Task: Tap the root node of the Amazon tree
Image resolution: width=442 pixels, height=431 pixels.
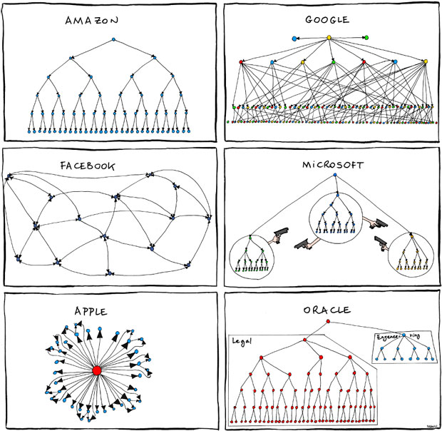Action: click(113, 41)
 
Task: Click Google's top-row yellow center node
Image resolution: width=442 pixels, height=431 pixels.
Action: click(329, 37)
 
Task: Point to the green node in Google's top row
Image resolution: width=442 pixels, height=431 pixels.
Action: click(366, 37)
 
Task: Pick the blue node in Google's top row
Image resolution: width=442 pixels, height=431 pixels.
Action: click(294, 37)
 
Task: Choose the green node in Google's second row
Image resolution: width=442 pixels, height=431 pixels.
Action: click(333, 62)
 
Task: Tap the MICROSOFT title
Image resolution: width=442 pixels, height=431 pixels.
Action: click(331, 165)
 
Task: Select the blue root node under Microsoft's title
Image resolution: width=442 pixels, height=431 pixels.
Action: click(333, 176)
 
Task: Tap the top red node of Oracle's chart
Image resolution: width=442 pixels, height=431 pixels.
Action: click(327, 322)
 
